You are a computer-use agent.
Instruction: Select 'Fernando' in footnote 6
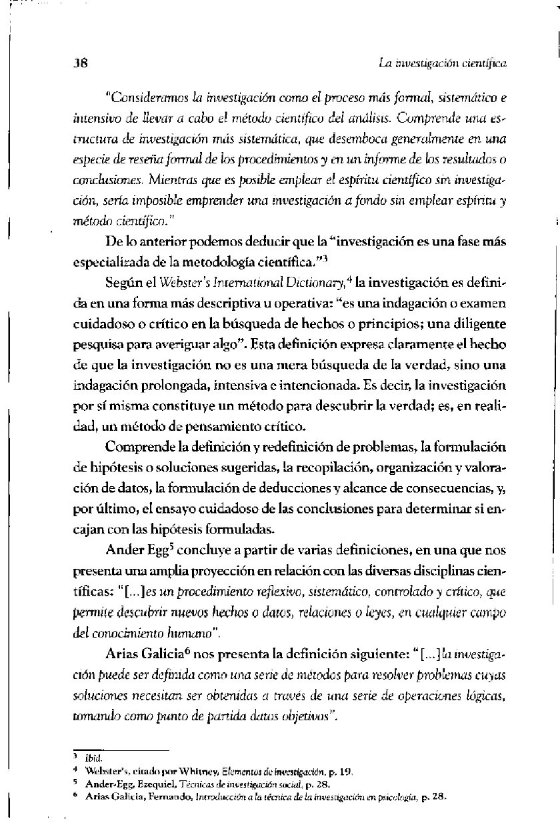(157, 796)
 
